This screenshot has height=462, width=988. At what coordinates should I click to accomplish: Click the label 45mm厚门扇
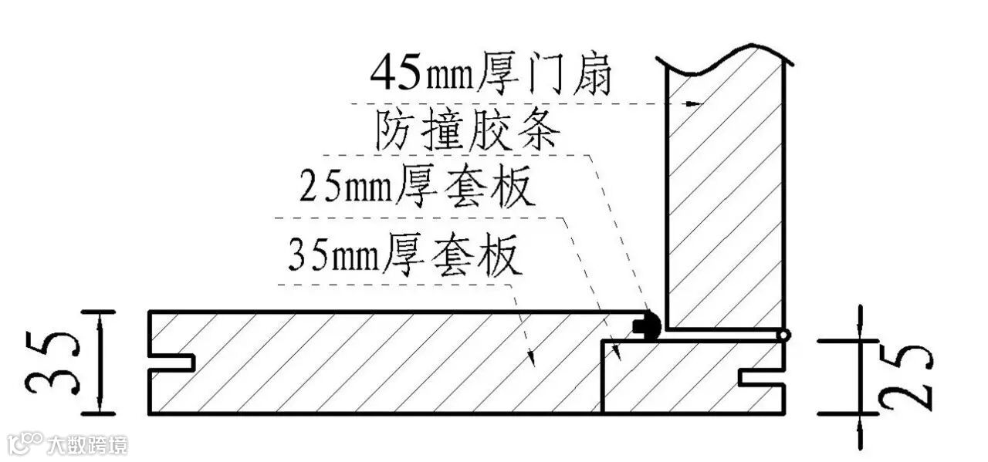click(491, 74)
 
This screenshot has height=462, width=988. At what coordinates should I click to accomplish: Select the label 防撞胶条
click(467, 132)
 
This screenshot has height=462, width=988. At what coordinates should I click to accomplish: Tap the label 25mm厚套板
click(417, 187)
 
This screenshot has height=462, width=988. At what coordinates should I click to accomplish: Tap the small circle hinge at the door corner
click(784, 336)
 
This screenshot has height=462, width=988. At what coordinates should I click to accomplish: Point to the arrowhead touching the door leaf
click(699, 103)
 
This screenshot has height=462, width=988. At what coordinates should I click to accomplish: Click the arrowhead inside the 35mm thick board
click(530, 356)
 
